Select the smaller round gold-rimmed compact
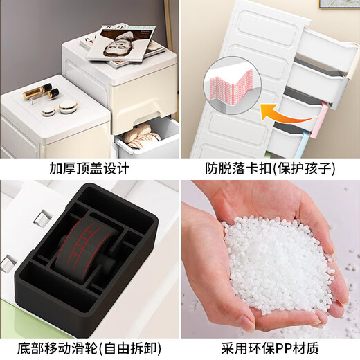click(x=48, y=110)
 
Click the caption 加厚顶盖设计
click(x=90, y=169)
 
